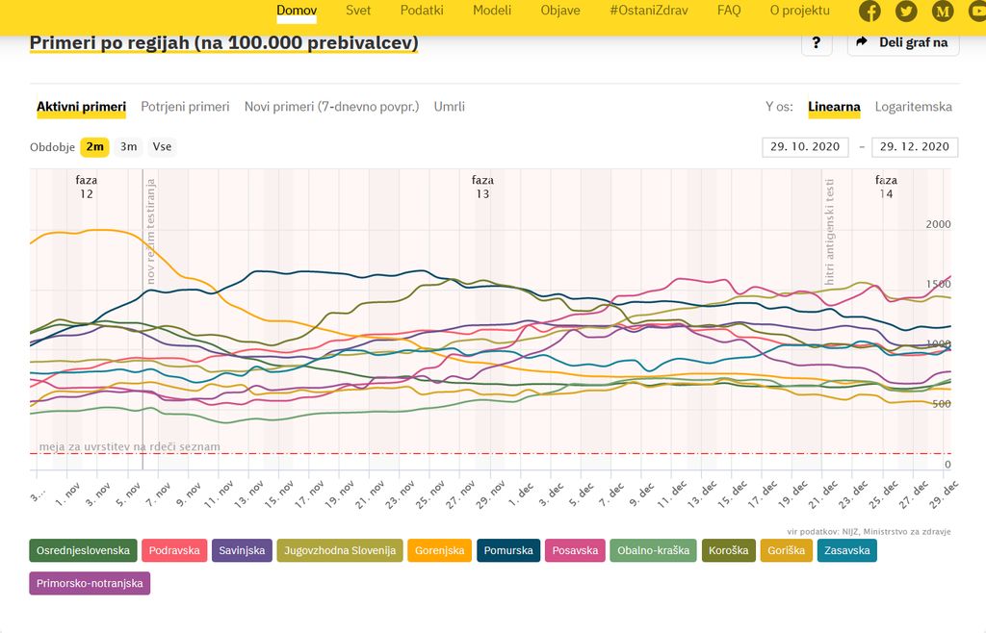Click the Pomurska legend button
pos(508,550)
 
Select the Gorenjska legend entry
pos(439,550)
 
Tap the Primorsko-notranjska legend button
pos(90,583)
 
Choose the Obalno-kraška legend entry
pos(654,550)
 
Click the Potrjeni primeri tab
pos(185,107)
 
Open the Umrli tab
pos(449,107)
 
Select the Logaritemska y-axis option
pos(913,107)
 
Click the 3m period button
pos(128,147)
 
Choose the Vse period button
pos(162,147)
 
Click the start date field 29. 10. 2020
pos(805,147)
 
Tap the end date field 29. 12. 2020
pos(914,147)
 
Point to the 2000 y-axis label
pos(938,224)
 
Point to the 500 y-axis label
pos(941,404)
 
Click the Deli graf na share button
pos(902,42)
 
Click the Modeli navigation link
pos(491,11)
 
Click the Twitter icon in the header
pos(906,12)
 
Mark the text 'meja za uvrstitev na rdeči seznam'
pos(129,447)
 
